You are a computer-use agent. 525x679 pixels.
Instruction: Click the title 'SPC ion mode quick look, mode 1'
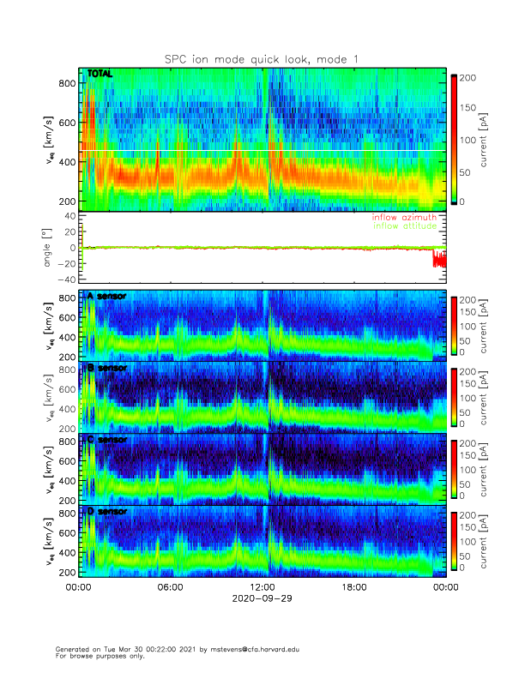tap(262, 58)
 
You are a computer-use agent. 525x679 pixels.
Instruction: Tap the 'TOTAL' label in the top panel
tap(100, 75)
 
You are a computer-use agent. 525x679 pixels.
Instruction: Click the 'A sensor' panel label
tap(106, 297)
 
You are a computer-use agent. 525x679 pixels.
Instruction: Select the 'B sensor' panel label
tap(106, 369)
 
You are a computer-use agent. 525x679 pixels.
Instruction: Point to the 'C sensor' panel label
tap(106, 440)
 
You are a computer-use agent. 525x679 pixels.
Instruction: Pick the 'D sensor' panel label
tap(106, 512)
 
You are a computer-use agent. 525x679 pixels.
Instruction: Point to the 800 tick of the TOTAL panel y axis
tap(65, 83)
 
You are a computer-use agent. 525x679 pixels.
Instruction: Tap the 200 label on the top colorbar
tap(468, 78)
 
